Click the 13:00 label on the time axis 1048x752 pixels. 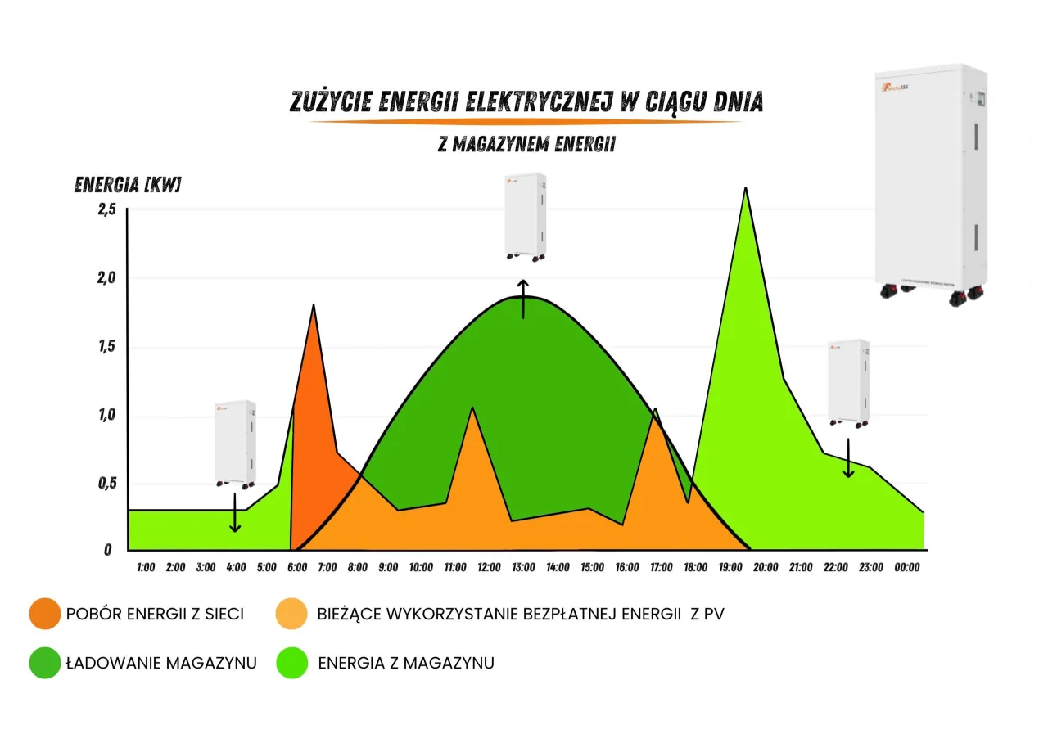[523, 567]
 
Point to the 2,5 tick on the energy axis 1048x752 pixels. [107, 210]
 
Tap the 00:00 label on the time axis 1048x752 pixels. [907, 567]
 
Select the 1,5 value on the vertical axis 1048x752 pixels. [107, 347]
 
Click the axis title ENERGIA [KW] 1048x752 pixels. [127, 184]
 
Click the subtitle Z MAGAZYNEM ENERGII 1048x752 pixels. [526, 145]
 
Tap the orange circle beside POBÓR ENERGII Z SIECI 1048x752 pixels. [44, 614]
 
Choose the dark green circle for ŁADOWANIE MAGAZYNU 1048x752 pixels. [44, 663]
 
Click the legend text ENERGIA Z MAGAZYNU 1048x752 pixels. [405, 663]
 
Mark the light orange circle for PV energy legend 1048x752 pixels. [292, 614]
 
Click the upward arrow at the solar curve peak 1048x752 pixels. [523, 298]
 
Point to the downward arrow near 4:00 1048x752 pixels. [236, 513]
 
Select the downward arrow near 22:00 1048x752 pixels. [848, 458]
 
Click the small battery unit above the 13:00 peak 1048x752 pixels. [525, 218]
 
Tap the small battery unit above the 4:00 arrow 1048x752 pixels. [235, 444]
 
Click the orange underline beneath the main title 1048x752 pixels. [526, 122]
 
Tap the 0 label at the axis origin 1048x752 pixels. [107, 550]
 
